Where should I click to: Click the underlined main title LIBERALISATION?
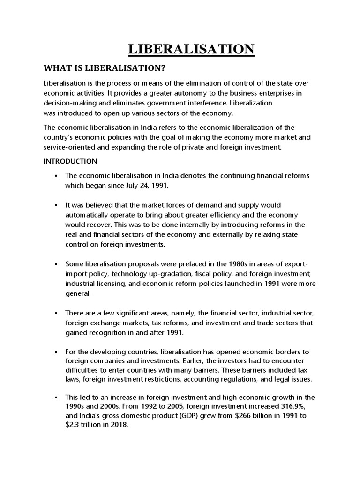[x=192, y=50]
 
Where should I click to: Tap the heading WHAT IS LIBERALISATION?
[x=105, y=68]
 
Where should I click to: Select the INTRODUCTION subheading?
[x=70, y=161]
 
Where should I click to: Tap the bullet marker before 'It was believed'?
[x=55, y=205]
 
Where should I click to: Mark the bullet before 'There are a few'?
[x=55, y=312]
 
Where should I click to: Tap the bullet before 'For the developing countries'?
[x=55, y=352]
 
